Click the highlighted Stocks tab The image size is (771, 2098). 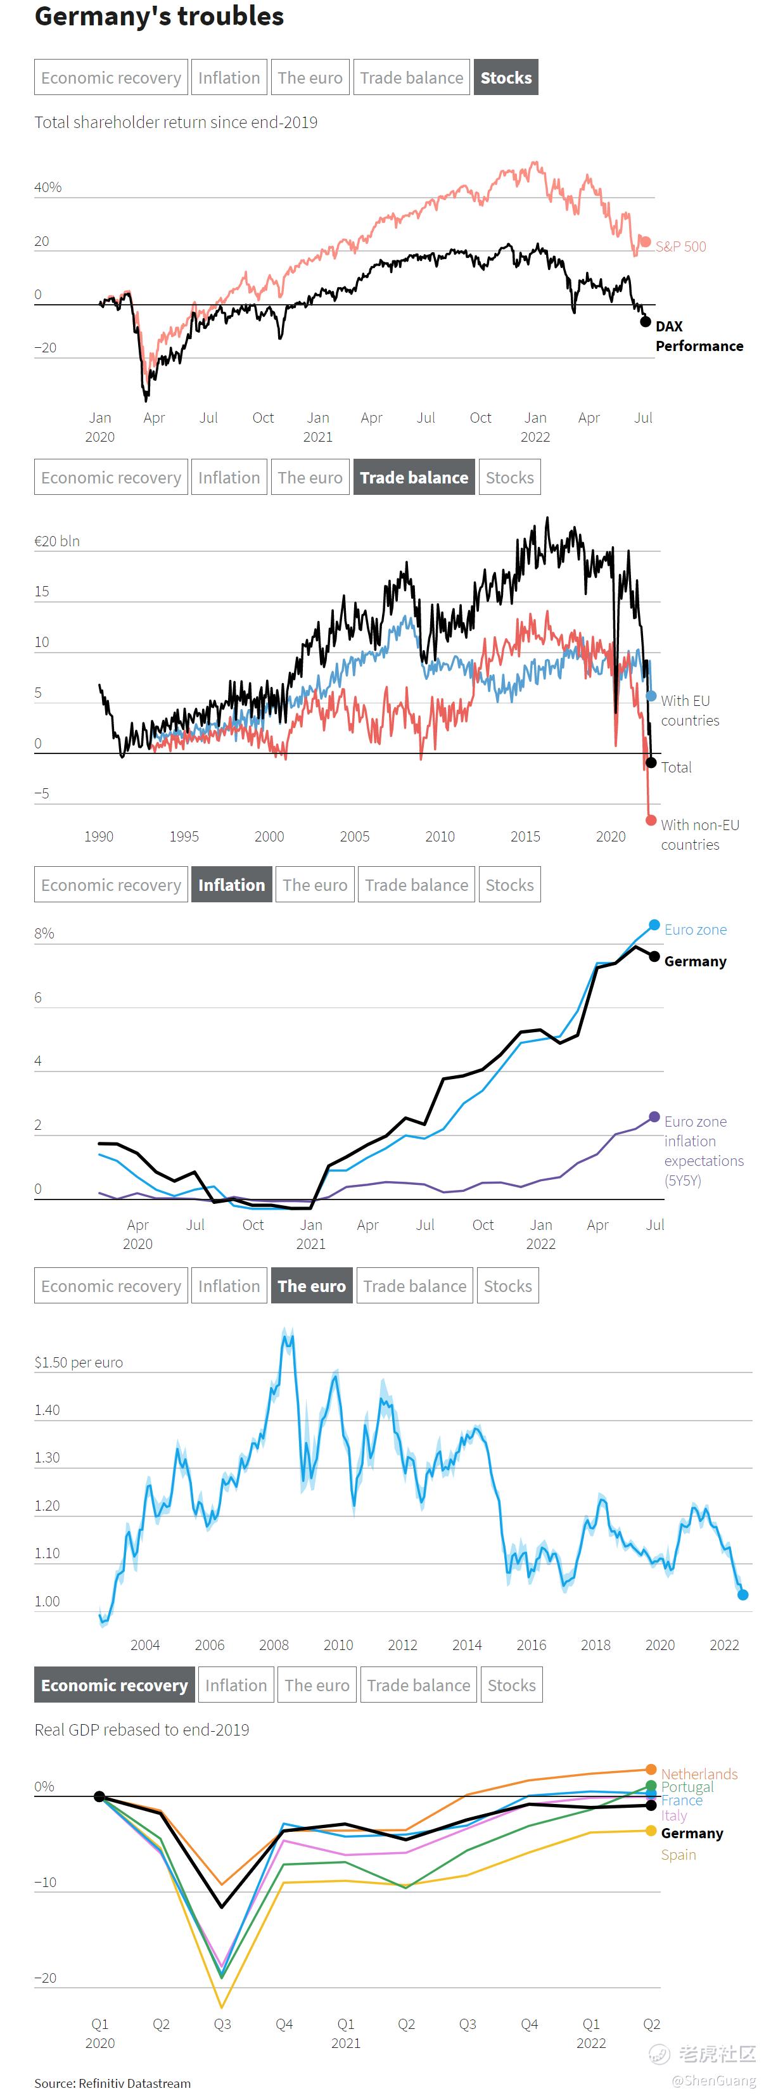(506, 77)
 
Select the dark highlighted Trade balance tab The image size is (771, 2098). (414, 477)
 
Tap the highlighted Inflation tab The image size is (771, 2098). (231, 885)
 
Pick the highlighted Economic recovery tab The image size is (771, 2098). (114, 1685)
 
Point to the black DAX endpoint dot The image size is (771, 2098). (646, 322)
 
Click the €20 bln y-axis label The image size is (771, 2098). (57, 540)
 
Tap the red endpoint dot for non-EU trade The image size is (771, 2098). (651, 819)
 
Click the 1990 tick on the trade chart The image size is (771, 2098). (98, 836)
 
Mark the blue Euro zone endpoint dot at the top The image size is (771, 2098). (654, 924)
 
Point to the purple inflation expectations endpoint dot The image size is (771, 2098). (654, 1116)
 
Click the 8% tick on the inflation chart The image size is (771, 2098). (44, 933)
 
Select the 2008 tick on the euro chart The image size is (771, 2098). (274, 1644)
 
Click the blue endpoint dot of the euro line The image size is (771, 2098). (742, 1595)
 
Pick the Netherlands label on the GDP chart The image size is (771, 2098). (699, 1773)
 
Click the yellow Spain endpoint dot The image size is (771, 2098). (651, 1830)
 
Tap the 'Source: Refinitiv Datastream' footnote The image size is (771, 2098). (112, 2083)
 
